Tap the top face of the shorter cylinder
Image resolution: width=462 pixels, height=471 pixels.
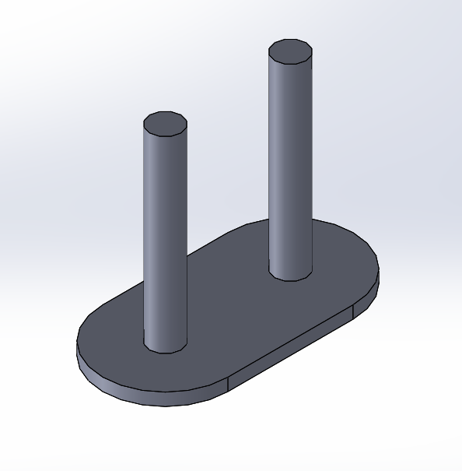[166, 124]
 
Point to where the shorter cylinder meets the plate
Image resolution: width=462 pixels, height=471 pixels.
[166, 351]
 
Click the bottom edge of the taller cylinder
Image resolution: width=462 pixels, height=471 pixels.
[290, 279]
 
